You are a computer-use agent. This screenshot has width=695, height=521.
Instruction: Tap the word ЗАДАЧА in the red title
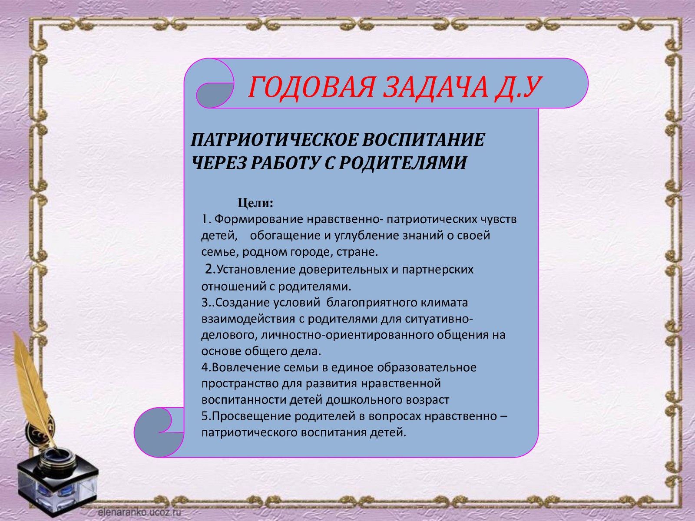pos(436,87)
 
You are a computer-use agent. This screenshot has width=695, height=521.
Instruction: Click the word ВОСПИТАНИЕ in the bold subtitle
pos(424,140)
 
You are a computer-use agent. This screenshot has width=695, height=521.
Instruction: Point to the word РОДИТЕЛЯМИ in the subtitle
pos(403,163)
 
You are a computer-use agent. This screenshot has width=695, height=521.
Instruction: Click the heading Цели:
pos(255,203)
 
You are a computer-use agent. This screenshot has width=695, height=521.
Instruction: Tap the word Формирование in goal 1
pos(259,219)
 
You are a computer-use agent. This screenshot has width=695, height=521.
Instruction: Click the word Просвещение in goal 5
pos(252,416)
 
